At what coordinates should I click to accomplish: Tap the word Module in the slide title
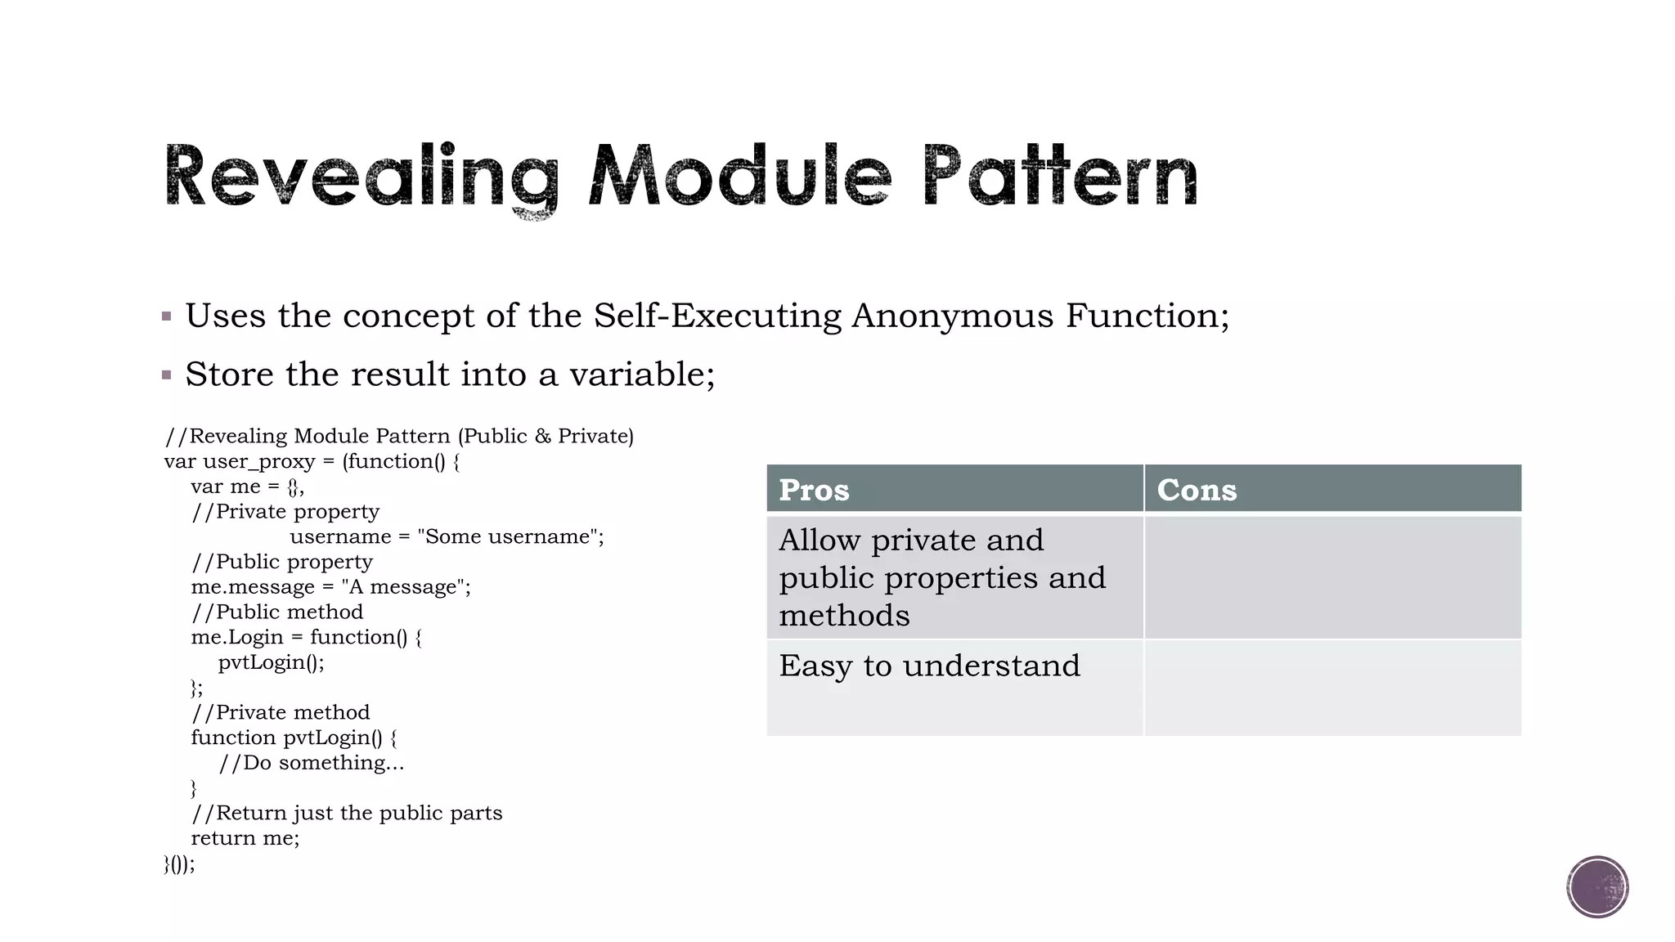[740, 176]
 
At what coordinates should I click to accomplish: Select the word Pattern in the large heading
[1060, 176]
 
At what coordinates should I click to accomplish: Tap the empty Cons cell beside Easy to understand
[1332, 687]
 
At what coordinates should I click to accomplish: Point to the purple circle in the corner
[1597, 886]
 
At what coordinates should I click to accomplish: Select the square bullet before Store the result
[167, 375]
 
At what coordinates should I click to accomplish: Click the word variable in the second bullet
[641, 375]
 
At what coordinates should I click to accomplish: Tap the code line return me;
[245, 838]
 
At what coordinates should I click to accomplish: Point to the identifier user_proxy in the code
[258, 461]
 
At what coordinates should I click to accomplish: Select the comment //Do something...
[311, 763]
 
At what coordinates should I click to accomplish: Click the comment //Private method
[280, 712]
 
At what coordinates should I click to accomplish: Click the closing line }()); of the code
[179, 863]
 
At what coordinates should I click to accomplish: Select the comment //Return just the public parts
[347, 813]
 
